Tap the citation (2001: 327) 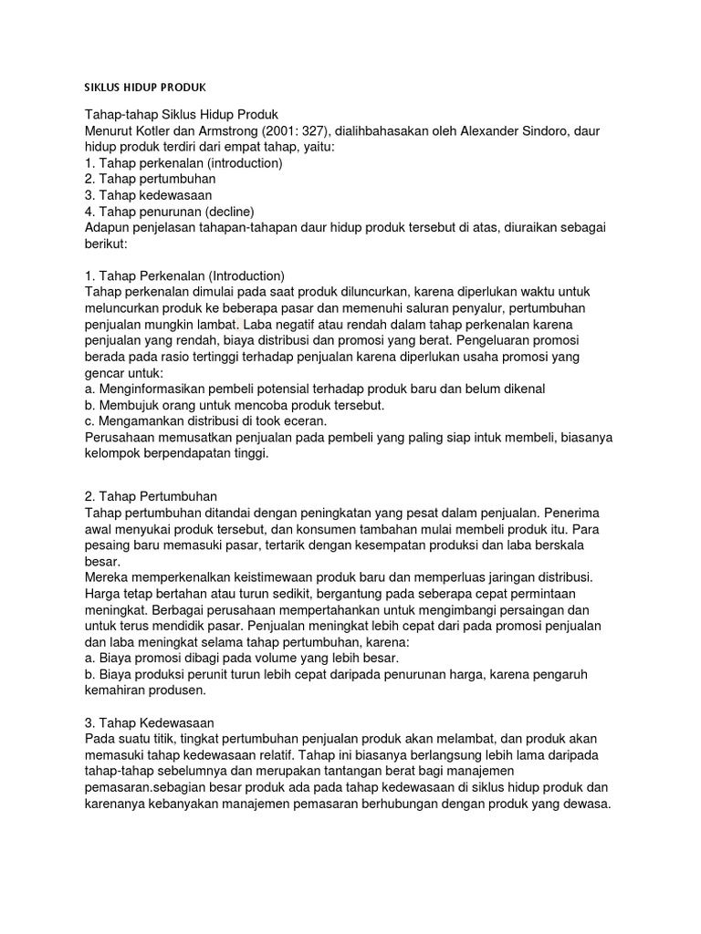tap(298, 131)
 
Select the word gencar tap(104, 373)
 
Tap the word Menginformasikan tap(158, 389)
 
